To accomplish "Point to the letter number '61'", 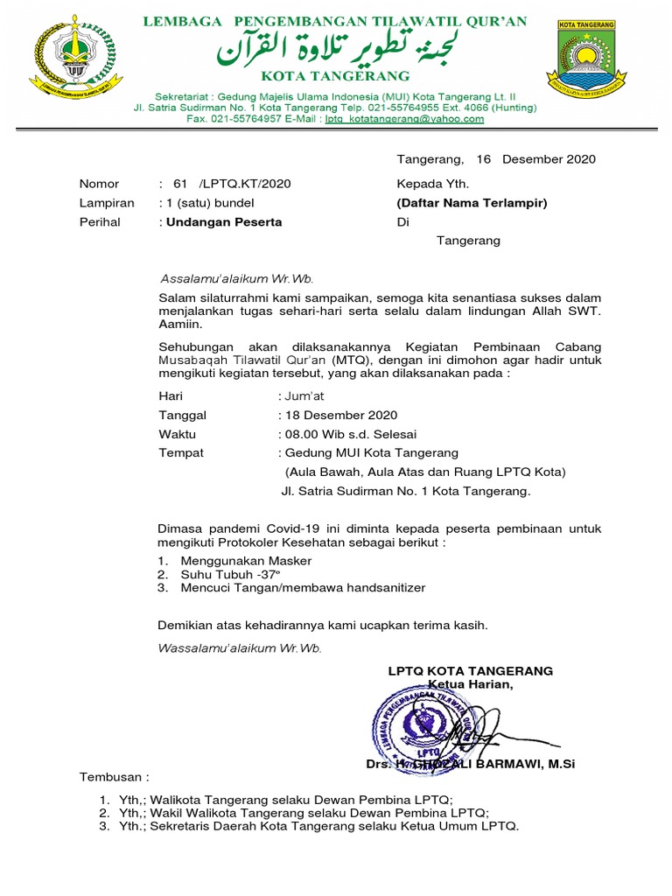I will pos(181,184).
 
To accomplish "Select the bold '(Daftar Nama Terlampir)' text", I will pos(472,203).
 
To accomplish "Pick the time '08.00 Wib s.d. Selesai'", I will pos(349,434).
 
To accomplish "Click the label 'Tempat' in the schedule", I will pos(181,453).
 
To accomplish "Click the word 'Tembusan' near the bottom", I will pos(112,777).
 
